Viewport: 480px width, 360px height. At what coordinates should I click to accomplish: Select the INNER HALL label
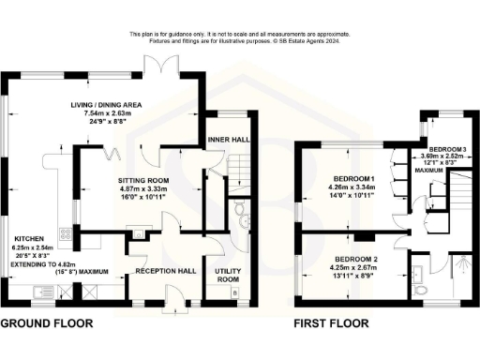(x=227, y=140)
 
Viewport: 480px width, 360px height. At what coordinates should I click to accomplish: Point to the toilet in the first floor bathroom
(x=420, y=292)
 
